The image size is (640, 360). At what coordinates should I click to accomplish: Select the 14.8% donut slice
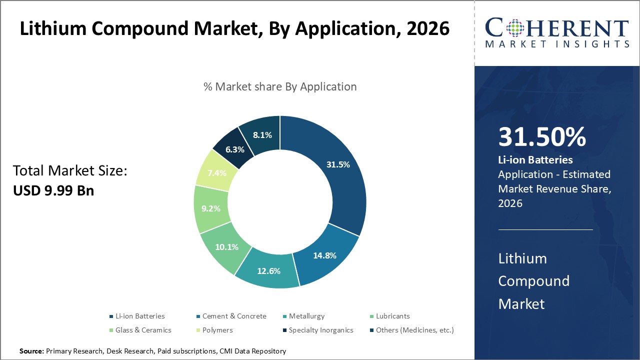325,255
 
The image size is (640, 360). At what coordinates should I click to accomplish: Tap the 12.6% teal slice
269,271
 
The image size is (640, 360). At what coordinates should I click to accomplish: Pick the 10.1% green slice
226,247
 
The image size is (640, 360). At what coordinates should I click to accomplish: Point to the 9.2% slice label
211,209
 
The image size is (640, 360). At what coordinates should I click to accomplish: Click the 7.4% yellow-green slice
217,173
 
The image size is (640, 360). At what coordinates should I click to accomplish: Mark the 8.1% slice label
262,135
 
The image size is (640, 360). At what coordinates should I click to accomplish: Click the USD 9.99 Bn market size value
53,190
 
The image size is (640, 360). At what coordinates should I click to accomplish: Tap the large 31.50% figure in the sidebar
542,137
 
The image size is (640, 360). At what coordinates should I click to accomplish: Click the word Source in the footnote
31,351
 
